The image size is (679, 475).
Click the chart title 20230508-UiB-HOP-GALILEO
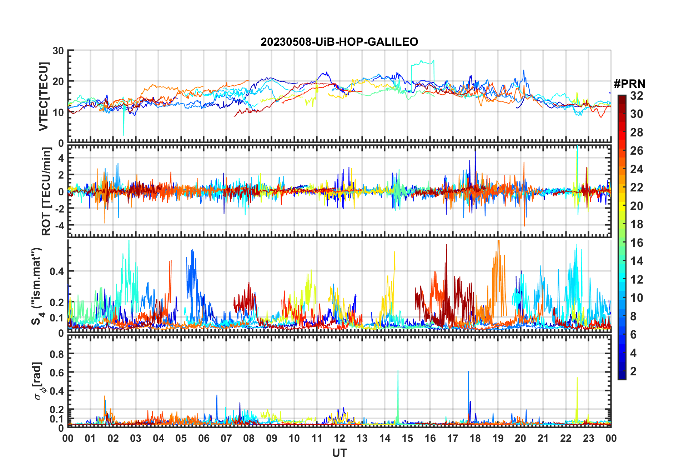point(339,42)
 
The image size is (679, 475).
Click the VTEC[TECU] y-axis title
point(44,96)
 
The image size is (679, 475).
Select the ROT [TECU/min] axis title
point(46,191)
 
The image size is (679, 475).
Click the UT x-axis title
point(339,453)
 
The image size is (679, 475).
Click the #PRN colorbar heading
point(629,84)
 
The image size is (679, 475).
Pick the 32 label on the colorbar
point(637,96)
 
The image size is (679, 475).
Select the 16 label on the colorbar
point(637,243)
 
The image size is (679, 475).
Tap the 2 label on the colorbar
point(633,371)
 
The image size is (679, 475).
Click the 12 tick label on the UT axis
point(339,438)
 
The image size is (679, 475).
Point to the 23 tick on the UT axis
point(588,438)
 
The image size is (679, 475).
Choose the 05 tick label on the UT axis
point(181,438)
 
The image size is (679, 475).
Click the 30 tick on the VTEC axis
point(58,51)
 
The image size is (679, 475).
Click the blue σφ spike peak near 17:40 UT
point(468,372)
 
